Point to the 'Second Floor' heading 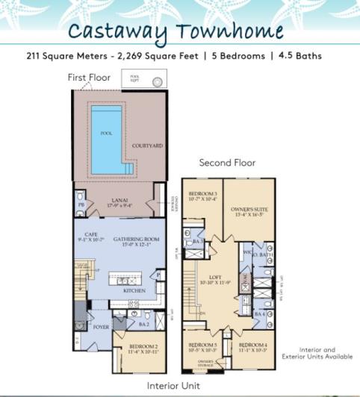(227, 163)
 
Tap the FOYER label (100, 326)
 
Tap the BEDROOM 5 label (202, 346)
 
